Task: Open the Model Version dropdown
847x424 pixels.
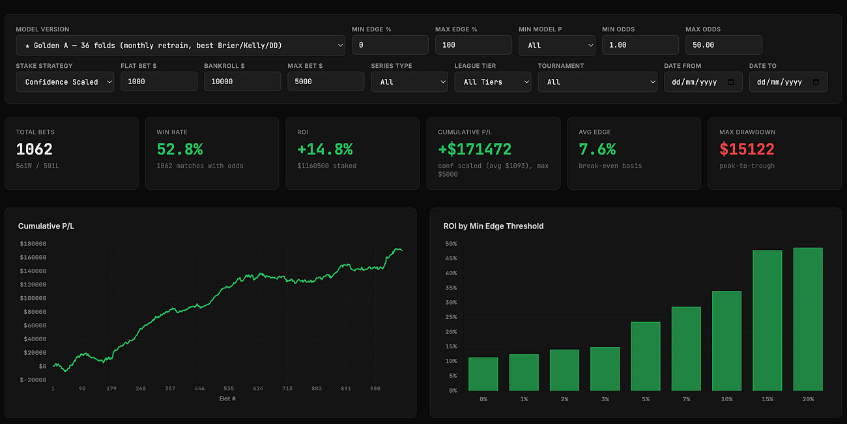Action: pos(180,46)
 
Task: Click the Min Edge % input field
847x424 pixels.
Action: pos(390,45)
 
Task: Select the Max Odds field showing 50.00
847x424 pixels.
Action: pos(724,45)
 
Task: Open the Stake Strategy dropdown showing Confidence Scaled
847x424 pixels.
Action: pos(65,82)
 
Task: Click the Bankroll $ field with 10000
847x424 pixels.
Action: pos(242,82)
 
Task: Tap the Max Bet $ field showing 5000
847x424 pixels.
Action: pos(326,82)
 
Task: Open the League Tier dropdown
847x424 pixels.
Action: pos(493,82)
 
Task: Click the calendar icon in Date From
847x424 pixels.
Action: pos(731,82)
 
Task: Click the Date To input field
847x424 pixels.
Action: pos(788,82)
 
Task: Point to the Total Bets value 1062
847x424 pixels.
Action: pos(35,149)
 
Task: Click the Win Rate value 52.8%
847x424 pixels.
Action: pos(180,149)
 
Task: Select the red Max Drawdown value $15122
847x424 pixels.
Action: pos(747,149)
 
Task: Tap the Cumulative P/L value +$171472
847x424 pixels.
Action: pos(475,149)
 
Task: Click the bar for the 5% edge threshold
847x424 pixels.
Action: pos(646,356)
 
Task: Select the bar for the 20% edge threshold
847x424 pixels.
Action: pos(808,319)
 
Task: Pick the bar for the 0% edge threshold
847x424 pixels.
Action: pos(483,374)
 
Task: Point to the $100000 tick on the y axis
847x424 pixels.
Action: pos(33,298)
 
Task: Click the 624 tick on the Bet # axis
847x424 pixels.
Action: pos(258,388)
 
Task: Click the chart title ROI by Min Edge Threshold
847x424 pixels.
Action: pos(493,226)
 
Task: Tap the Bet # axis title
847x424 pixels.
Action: pos(227,399)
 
